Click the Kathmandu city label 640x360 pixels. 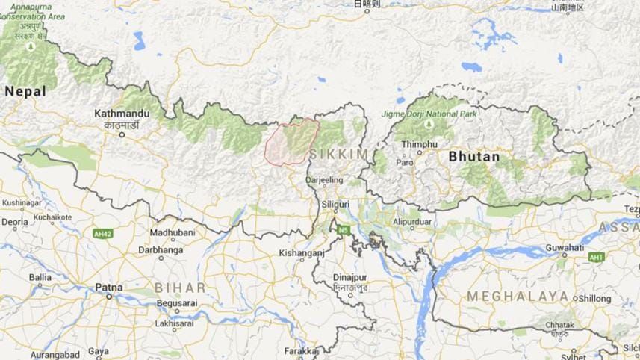122,114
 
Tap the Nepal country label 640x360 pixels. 25,91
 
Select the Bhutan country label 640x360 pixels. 474,157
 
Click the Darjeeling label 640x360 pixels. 324,180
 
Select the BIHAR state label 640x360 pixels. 179,288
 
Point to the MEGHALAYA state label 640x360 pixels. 518,297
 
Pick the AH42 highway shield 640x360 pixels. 102,233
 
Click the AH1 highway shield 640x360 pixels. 595,258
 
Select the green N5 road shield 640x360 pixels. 343,229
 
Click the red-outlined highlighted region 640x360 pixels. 293,141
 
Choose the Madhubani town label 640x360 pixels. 173,233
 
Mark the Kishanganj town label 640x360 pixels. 301,253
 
